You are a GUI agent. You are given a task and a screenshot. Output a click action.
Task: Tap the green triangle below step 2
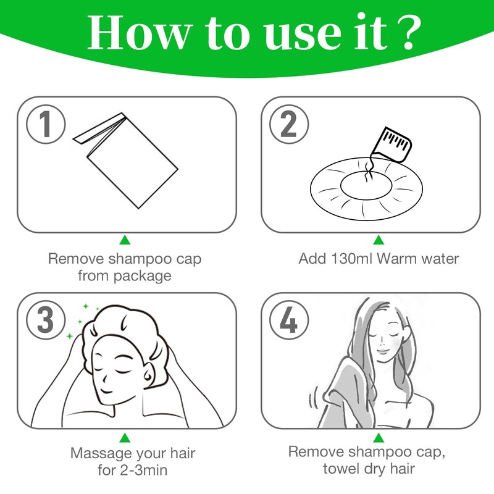tap(379, 240)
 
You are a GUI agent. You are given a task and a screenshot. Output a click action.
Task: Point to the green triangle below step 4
tap(379, 437)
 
